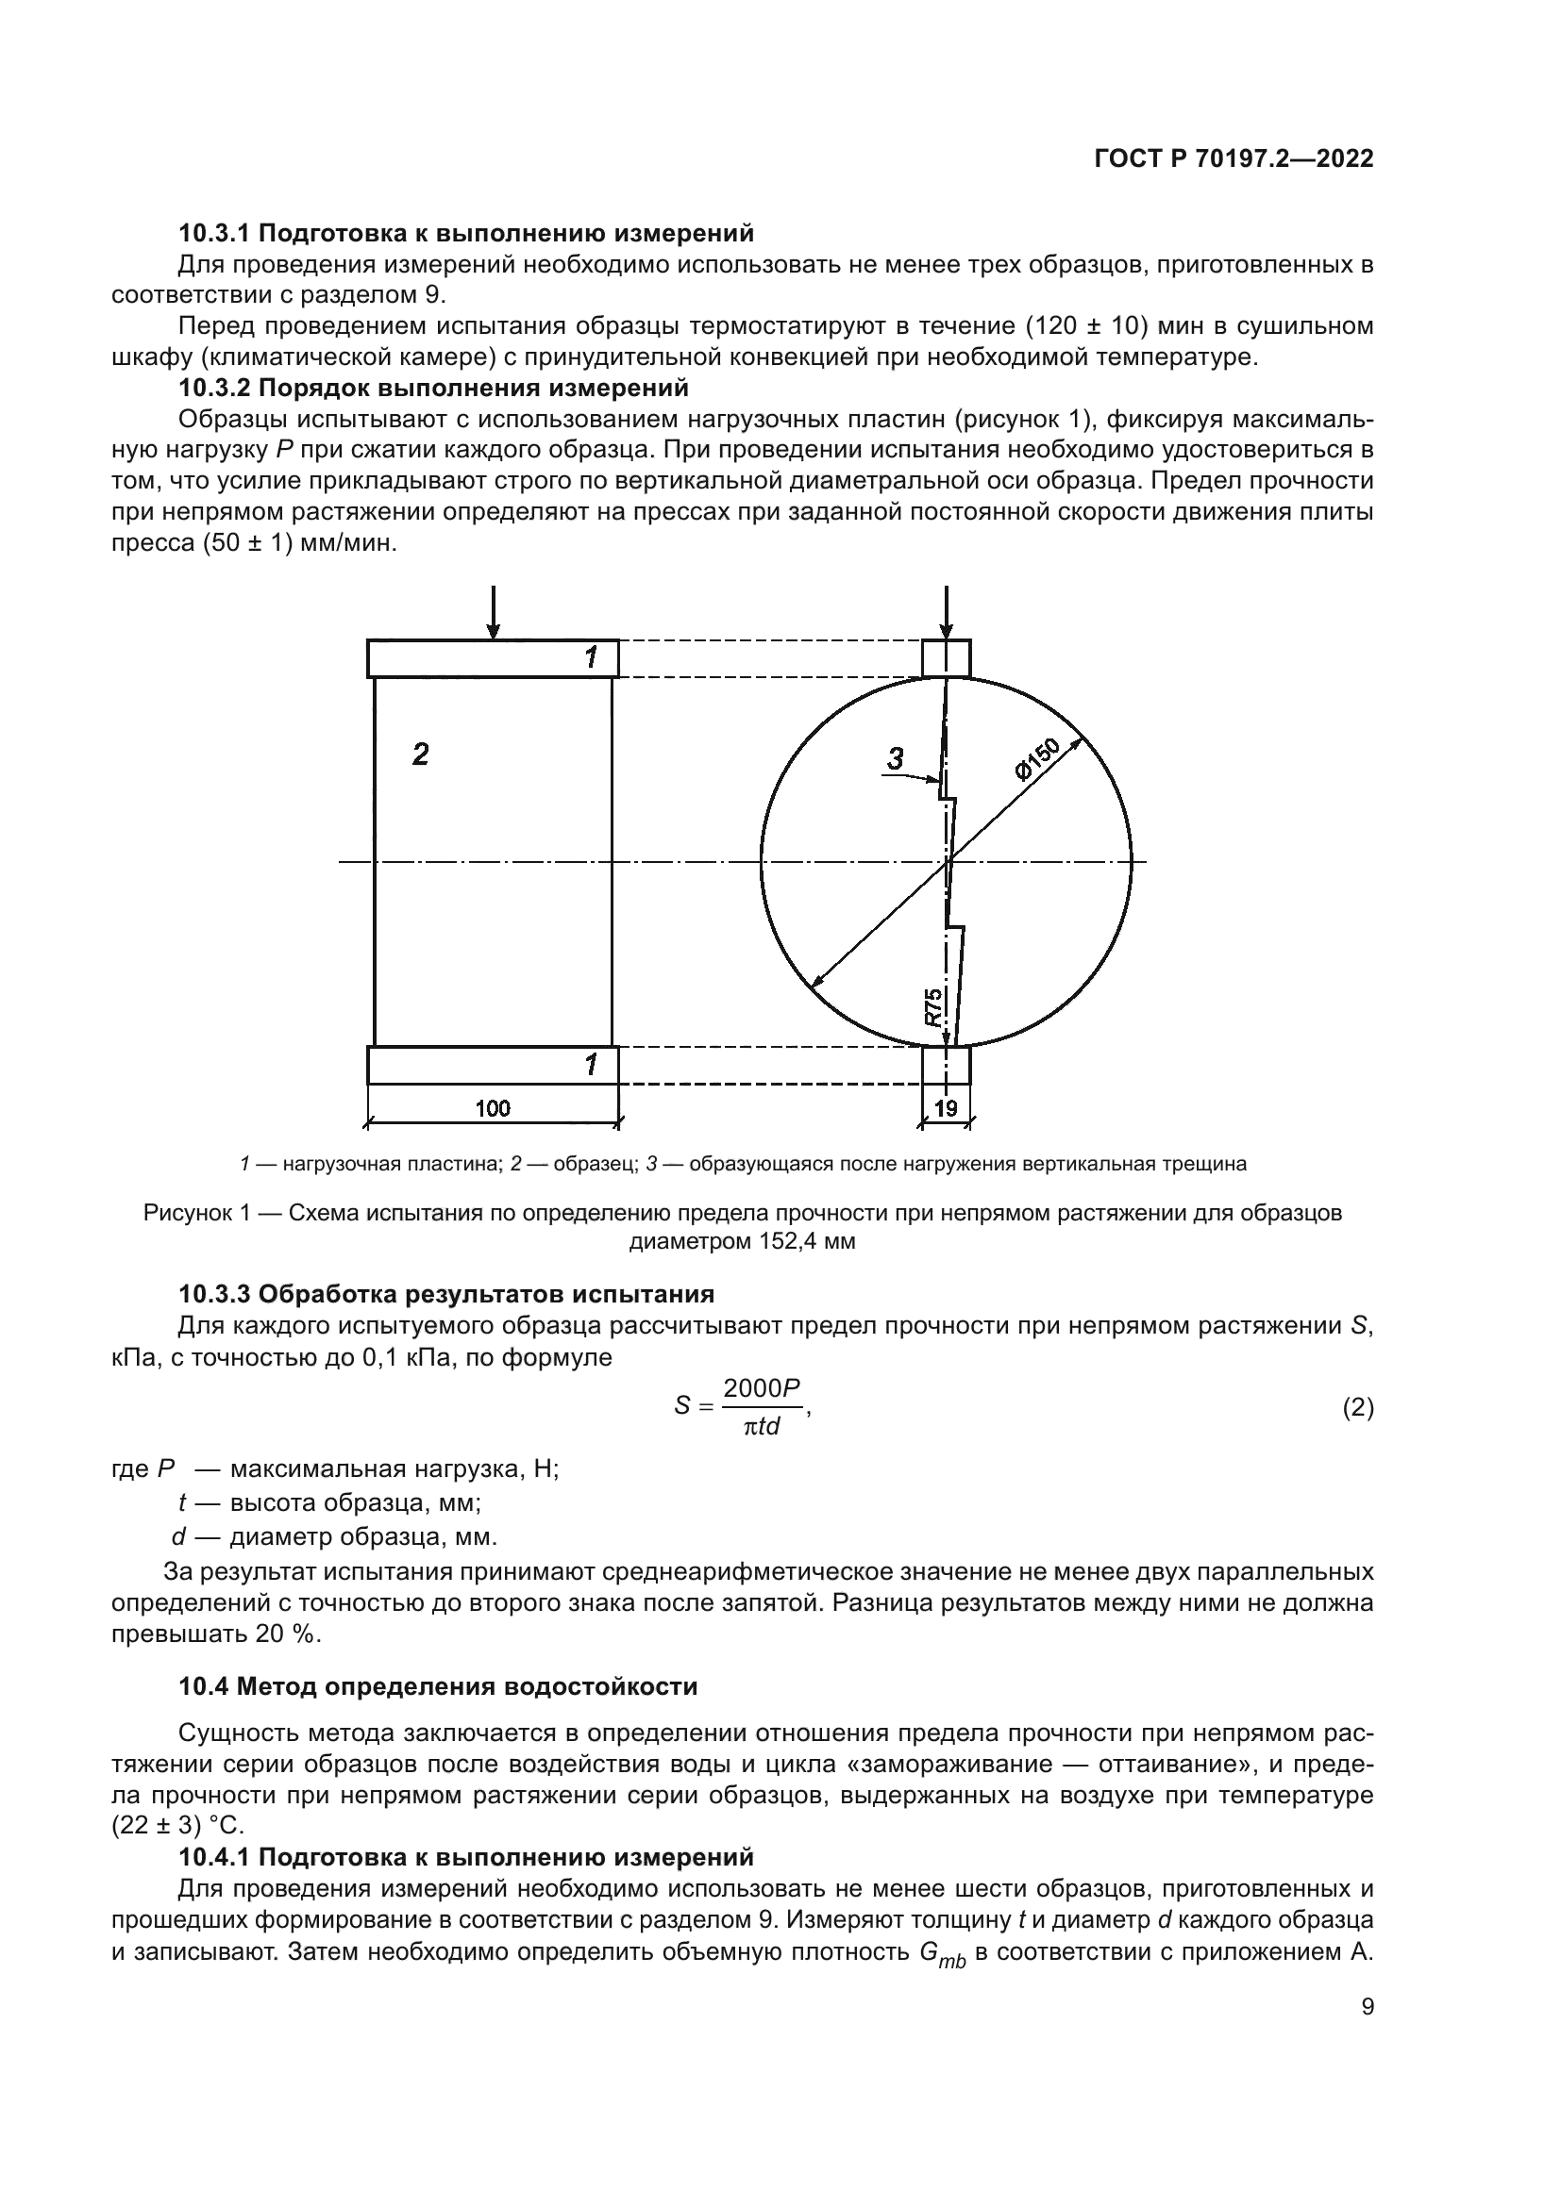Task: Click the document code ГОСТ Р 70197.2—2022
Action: (1234, 159)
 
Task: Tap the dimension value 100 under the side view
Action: (492, 1108)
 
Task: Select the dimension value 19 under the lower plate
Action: (946, 1108)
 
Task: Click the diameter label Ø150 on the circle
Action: (1036, 759)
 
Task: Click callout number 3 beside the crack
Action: (895, 759)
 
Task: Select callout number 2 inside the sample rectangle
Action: (420, 755)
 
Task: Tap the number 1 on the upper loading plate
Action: (591, 658)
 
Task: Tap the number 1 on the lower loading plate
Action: (591, 1065)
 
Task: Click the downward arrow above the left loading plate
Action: (493, 613)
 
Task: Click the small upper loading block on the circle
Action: (946, 659)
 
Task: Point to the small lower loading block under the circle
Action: (946, 1066)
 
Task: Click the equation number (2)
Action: (1357, 1408)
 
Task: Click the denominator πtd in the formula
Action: (762, 1427)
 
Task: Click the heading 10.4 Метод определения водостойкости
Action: (438, 1686)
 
